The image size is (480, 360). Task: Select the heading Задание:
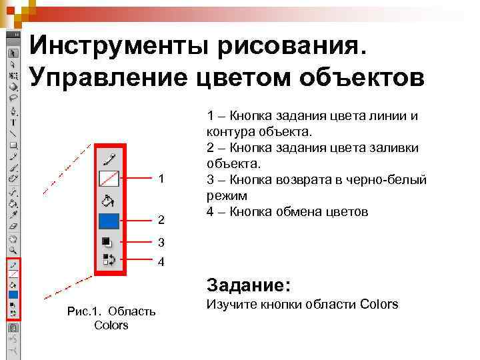point(249,285)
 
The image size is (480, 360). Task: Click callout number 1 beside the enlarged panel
point(161,179)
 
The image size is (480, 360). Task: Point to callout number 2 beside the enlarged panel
point(161,219)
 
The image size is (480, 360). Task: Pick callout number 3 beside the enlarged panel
point(161,242)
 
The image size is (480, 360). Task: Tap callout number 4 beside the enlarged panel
point(161,262)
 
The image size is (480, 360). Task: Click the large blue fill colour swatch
point(109,221)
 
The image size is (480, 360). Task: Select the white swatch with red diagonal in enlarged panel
point(109,179)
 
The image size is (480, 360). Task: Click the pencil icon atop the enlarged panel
point(109,159)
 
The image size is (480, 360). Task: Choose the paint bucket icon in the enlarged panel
point(109,201)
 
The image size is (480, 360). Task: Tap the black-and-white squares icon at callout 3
point(107,242)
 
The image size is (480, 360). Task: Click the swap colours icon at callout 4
point(108,259)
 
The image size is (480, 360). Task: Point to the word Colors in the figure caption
point(111,325)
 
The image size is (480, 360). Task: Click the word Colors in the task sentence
point(379,305)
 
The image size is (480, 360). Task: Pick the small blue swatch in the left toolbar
point(13,295)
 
